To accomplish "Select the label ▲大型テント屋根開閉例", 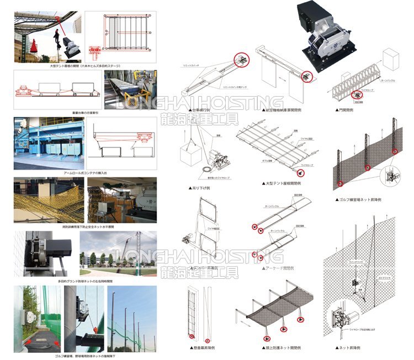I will [x=283, y=183].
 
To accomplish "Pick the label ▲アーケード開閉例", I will [x=279, y=267].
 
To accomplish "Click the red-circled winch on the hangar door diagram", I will [x=304, y=77].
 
